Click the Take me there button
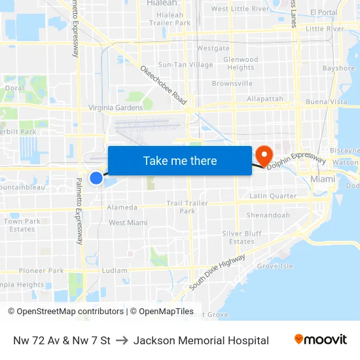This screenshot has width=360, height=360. pyautogui.click(x=179, y=160)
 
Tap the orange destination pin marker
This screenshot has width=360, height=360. pyautogui.click(x=264, y=156)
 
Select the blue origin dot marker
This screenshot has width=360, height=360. pyautogui.click(x=96, y=177)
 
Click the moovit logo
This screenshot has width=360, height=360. pyautogui.click(x=321, y=340)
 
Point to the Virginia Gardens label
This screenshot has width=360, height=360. pyautogui.click(x=116, y=108)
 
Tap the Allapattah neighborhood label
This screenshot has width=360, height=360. pyautogui.click(x=265, y=99)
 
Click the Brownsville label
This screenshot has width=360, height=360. pyautogui.click(x=232, y=84)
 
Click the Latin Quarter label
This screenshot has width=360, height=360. pyautogui.click(x=273, y=196)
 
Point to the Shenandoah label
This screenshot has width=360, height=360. pyautogui.click(x=268, y=215)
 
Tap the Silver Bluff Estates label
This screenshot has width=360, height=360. pyautogui.click(x=242, y=238)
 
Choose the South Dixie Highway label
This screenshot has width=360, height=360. pyautogui.click(x=217, y=272)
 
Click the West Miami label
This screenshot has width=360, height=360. pyautogui.click(x=128, y=223)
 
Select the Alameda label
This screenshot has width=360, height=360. pyautogui.click(x=122, y=207)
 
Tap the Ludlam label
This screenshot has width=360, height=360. pyautogui.click(x=114, y=270)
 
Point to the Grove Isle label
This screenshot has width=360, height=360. pyautogui.click(x=274, y=266)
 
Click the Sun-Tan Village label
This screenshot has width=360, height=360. pyautogui.click(x=185, y=65)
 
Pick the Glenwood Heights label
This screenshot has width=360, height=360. pyautogui.click(x=240, y=63)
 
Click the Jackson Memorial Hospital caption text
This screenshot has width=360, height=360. pyautogui.click(x=201, y=340)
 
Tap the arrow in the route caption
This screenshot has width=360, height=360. pyautogui.click(x=122, y=340)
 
